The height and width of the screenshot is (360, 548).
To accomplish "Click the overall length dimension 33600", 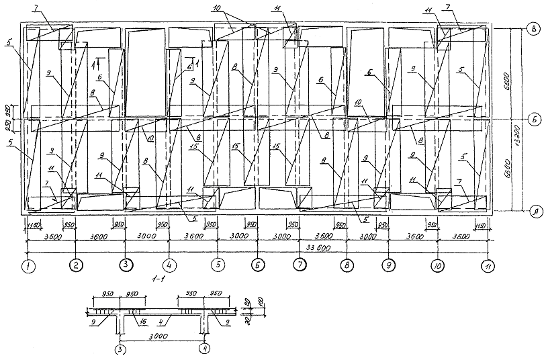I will click(300, 248).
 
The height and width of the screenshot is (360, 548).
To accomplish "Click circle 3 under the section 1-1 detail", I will click(120, 350).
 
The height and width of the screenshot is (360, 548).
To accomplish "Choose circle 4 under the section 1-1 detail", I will click(205, 350).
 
